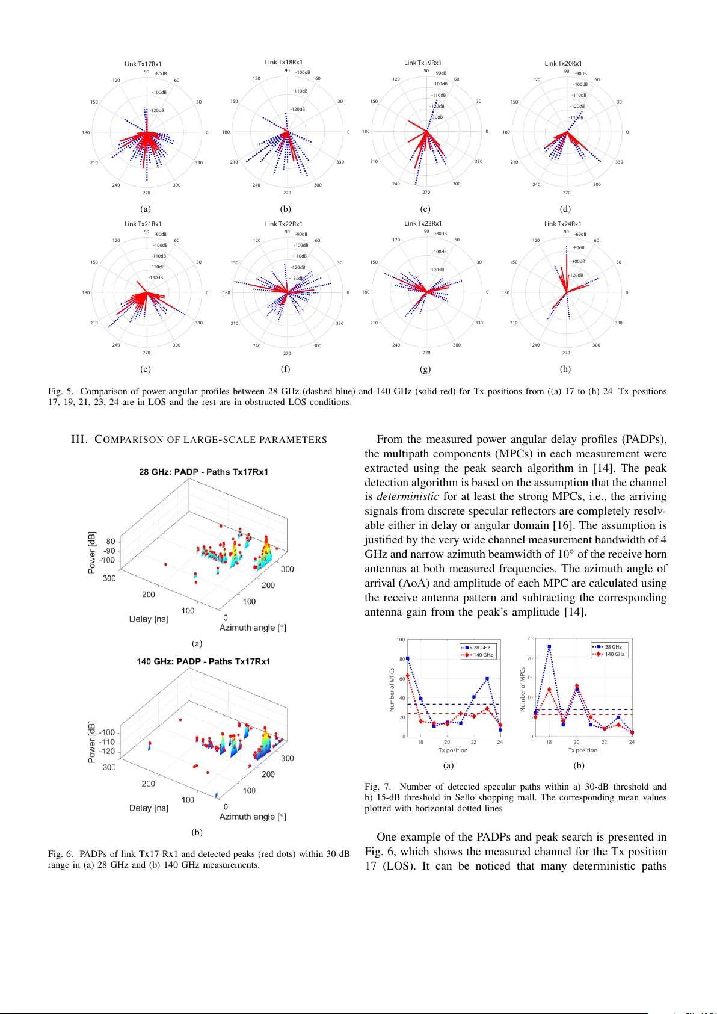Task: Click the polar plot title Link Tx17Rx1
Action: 143,64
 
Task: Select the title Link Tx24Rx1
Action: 563,224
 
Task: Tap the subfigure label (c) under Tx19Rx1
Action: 425,209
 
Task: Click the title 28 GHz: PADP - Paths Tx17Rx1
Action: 203,472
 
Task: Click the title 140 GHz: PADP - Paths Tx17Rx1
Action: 203,661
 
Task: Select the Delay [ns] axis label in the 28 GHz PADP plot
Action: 149,619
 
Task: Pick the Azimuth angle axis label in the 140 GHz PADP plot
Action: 253,817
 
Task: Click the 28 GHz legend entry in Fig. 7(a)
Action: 481,648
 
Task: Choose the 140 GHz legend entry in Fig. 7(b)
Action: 614,654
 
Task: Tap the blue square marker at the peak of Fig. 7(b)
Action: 549,646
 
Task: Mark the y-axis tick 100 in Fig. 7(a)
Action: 401,640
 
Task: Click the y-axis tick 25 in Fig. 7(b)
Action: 530,638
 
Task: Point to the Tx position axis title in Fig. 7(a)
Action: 453,750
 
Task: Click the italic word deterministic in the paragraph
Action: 407,496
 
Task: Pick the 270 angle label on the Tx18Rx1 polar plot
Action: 287,193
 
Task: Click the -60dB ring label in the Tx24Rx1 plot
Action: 580,235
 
